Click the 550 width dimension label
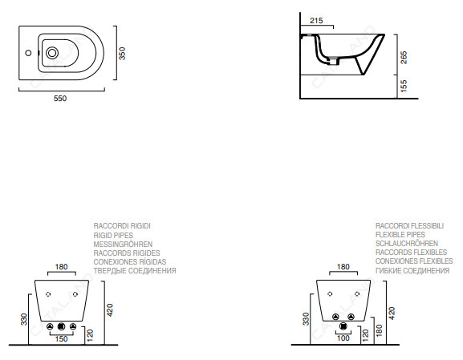60,99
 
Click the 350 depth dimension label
122,54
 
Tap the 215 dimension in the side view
316,21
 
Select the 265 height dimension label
404,58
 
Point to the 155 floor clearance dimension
404,86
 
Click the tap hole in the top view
28,53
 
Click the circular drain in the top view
52,53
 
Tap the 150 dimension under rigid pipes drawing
62,339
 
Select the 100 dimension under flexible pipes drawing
343,338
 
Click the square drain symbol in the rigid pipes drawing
62,326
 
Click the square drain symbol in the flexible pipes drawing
343,326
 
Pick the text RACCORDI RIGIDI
122,226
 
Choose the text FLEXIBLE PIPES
400,235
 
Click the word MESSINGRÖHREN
123,245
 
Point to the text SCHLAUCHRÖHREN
407,244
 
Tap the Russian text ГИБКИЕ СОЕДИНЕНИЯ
412,270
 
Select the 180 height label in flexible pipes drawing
380,330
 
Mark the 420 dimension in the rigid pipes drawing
110,310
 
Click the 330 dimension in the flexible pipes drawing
306,319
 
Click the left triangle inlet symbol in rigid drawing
50,326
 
